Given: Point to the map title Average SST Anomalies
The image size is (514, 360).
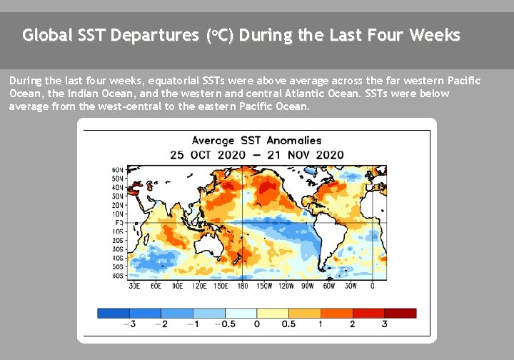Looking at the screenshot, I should [x=256, y=141].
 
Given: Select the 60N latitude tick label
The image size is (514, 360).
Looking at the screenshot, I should [x=118, y=170].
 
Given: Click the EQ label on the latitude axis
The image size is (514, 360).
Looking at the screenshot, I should [x=119, y=223].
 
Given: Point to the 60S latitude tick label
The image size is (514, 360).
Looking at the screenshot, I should [x=118, y=275].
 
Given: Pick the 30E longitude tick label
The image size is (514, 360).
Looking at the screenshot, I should [x=133, y=286].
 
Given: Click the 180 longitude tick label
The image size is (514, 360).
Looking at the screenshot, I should [x=243, y=286].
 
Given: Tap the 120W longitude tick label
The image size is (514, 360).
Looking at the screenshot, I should [x=286, y=286].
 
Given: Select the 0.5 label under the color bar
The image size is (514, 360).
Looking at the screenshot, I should [x=289, y=325].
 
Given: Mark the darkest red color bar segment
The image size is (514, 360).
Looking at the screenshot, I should [x=400, y=313].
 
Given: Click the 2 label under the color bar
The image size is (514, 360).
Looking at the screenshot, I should [x=353, y=325].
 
